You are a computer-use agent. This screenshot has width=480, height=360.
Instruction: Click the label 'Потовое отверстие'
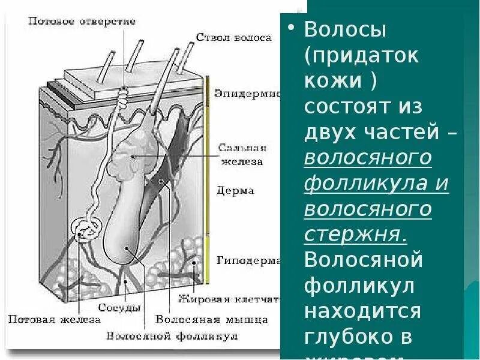[x=82, y=22]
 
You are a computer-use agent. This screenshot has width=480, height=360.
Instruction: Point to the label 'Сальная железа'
[x=242, y=154]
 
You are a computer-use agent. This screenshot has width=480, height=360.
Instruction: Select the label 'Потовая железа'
[x=54, y=319]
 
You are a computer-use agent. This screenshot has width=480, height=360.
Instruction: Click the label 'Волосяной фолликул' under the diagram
[x=172, y=336]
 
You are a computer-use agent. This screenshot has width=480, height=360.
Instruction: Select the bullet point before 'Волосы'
[x=292, y=29]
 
